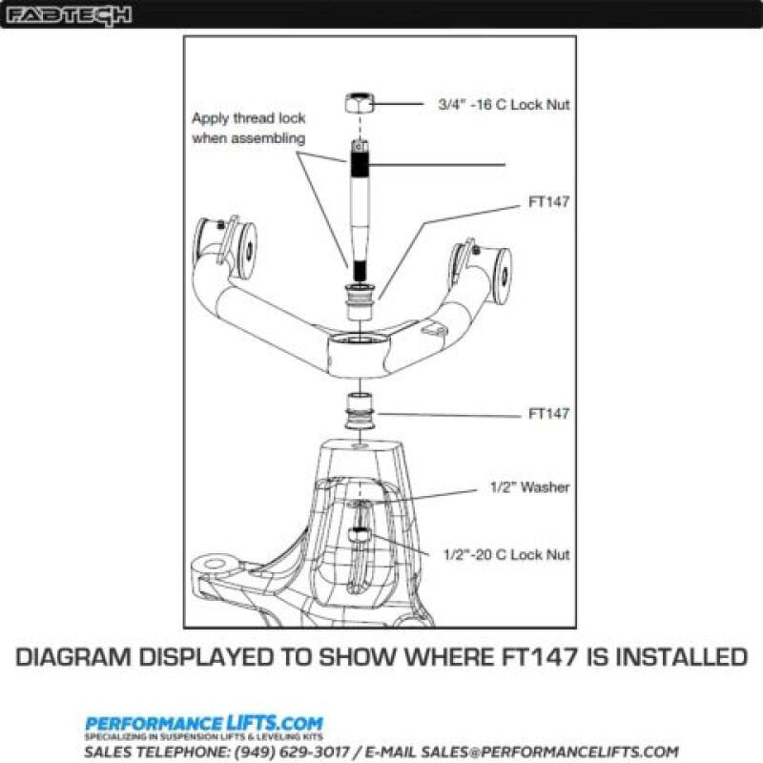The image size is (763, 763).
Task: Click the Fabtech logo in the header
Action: click(x=70, y=14)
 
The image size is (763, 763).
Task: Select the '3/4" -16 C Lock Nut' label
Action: click(x=503, y=105)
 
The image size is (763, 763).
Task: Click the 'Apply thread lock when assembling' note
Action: click(x=248, y=128)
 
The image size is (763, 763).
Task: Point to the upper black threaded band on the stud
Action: click(x=360, y=165)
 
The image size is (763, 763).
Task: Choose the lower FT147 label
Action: click(x=549, y=414)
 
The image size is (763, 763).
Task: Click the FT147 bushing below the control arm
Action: click(x=360, y=413)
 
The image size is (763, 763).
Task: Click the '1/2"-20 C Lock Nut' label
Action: click(x=506, y=554)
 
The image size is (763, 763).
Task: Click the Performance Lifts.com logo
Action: click(x=204, y=724)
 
